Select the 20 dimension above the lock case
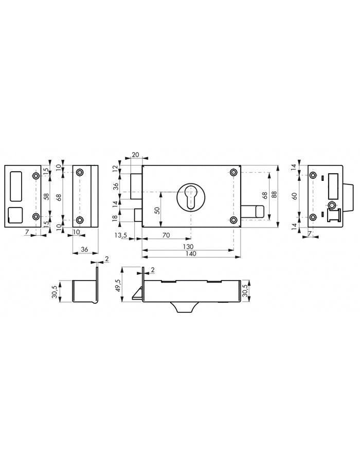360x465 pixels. tap(136, 155)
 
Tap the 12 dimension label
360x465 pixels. tap(115, 169)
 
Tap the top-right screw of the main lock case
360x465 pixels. tap(235, 172)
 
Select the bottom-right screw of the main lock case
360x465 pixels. tap(235, 220)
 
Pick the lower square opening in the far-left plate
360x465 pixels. tap(15, 215)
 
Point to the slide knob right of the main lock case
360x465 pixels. tap(255, 211)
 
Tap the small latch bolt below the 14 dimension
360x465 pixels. tap(137, 215)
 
